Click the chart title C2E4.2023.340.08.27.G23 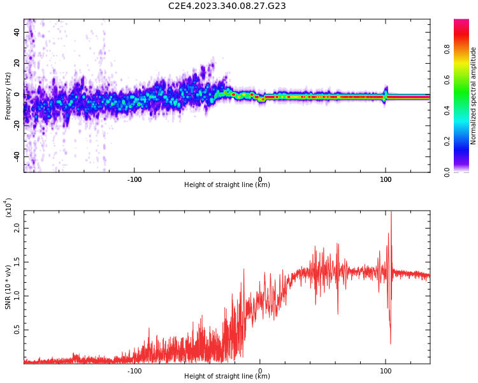point(227,6)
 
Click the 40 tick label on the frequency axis point(18,32)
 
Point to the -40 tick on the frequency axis point(18,156)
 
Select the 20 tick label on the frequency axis point(18,63)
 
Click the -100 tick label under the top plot point(134,179)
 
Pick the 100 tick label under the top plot point(385,179)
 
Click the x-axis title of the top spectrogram point(227,185)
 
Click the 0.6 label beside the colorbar point(465,80)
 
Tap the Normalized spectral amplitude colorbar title point(474,96)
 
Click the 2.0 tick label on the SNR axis point(18,227)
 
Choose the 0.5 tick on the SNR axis point(18,329)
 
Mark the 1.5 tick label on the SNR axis point(18,261)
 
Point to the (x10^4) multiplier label point(9,207)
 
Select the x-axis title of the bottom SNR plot point(227,377)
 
